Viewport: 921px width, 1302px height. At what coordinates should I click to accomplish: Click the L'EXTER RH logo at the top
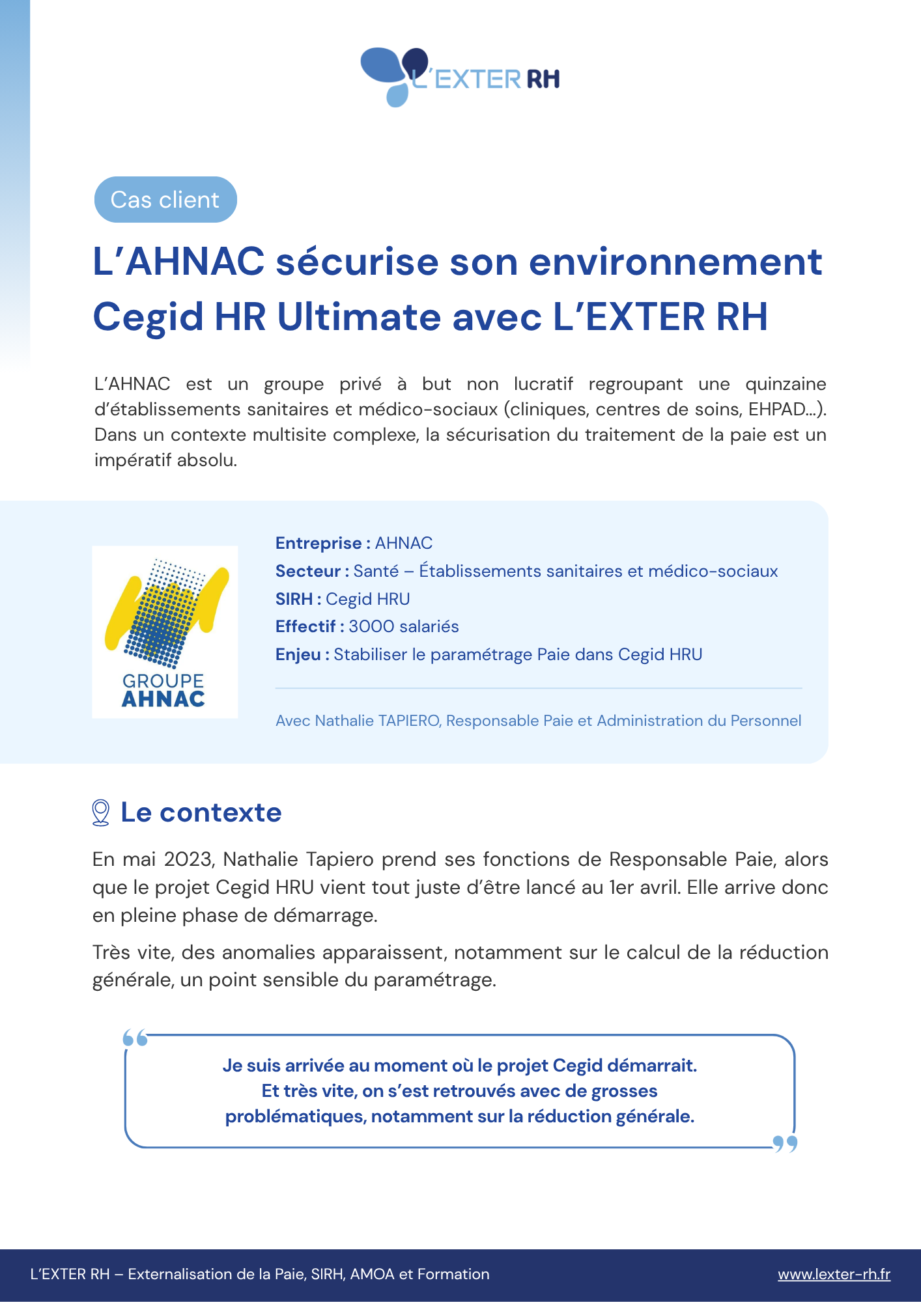pyautogui.click(x=460, y=77)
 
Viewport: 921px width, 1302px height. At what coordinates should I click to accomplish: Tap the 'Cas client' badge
pyautogui.click(x=165, y=200)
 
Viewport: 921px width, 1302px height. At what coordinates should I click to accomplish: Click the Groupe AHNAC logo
pyautogui.click(x=165, y=632)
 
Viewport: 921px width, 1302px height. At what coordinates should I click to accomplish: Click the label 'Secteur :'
pyautogui.click(x=312, y=571)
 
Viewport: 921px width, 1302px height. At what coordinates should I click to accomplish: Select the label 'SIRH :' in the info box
pyautogui.click(x=298, y=599)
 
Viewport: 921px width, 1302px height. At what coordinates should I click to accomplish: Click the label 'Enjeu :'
pyautogui.click(x=302, y=654)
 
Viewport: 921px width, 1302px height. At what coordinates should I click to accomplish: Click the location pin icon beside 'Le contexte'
pyautogui.click(x=101, y=813)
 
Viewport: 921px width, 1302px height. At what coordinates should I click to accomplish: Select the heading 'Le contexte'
pyautogui.click(x=201, y=812)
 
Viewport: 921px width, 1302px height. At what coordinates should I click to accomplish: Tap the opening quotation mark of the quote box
pyautogui.click(x=135, y=1038)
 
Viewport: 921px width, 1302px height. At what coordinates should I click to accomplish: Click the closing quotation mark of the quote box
pyautogui.click(x=785, y=1144)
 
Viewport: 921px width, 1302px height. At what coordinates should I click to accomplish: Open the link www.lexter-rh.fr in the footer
pyautogui.click(x=834, y=1274)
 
